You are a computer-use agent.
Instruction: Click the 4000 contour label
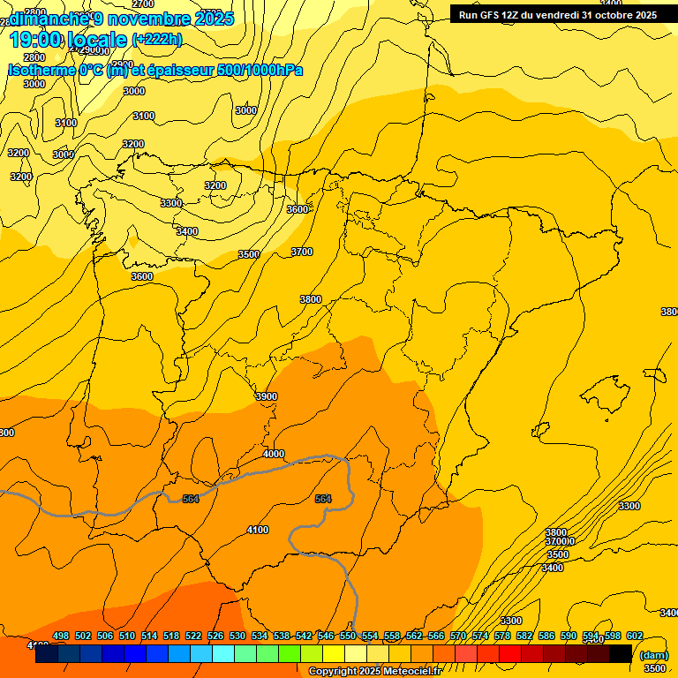tap(274, 454)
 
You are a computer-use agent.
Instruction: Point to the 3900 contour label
tap(266, 396)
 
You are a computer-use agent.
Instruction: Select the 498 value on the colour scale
tap(61, 636)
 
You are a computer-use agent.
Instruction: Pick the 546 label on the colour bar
tap(325, 636)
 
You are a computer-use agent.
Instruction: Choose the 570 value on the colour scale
tap(458, 636)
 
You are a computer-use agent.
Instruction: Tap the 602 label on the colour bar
tap(635, 636)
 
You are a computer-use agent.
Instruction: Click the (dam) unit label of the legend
tap(653, 655)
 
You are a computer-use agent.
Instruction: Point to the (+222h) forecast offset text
tap(156, 40)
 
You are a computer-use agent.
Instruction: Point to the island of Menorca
tap(655, 374)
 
